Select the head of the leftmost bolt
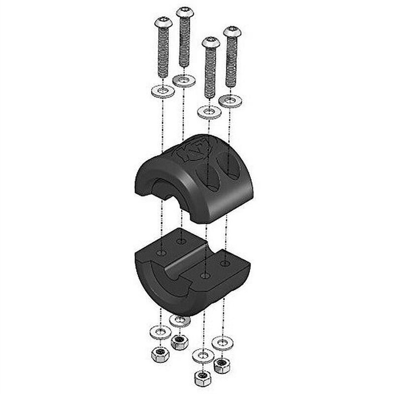163,22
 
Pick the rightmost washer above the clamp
230,101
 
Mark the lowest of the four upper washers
209,112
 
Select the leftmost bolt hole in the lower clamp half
162,252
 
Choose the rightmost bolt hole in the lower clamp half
225,263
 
